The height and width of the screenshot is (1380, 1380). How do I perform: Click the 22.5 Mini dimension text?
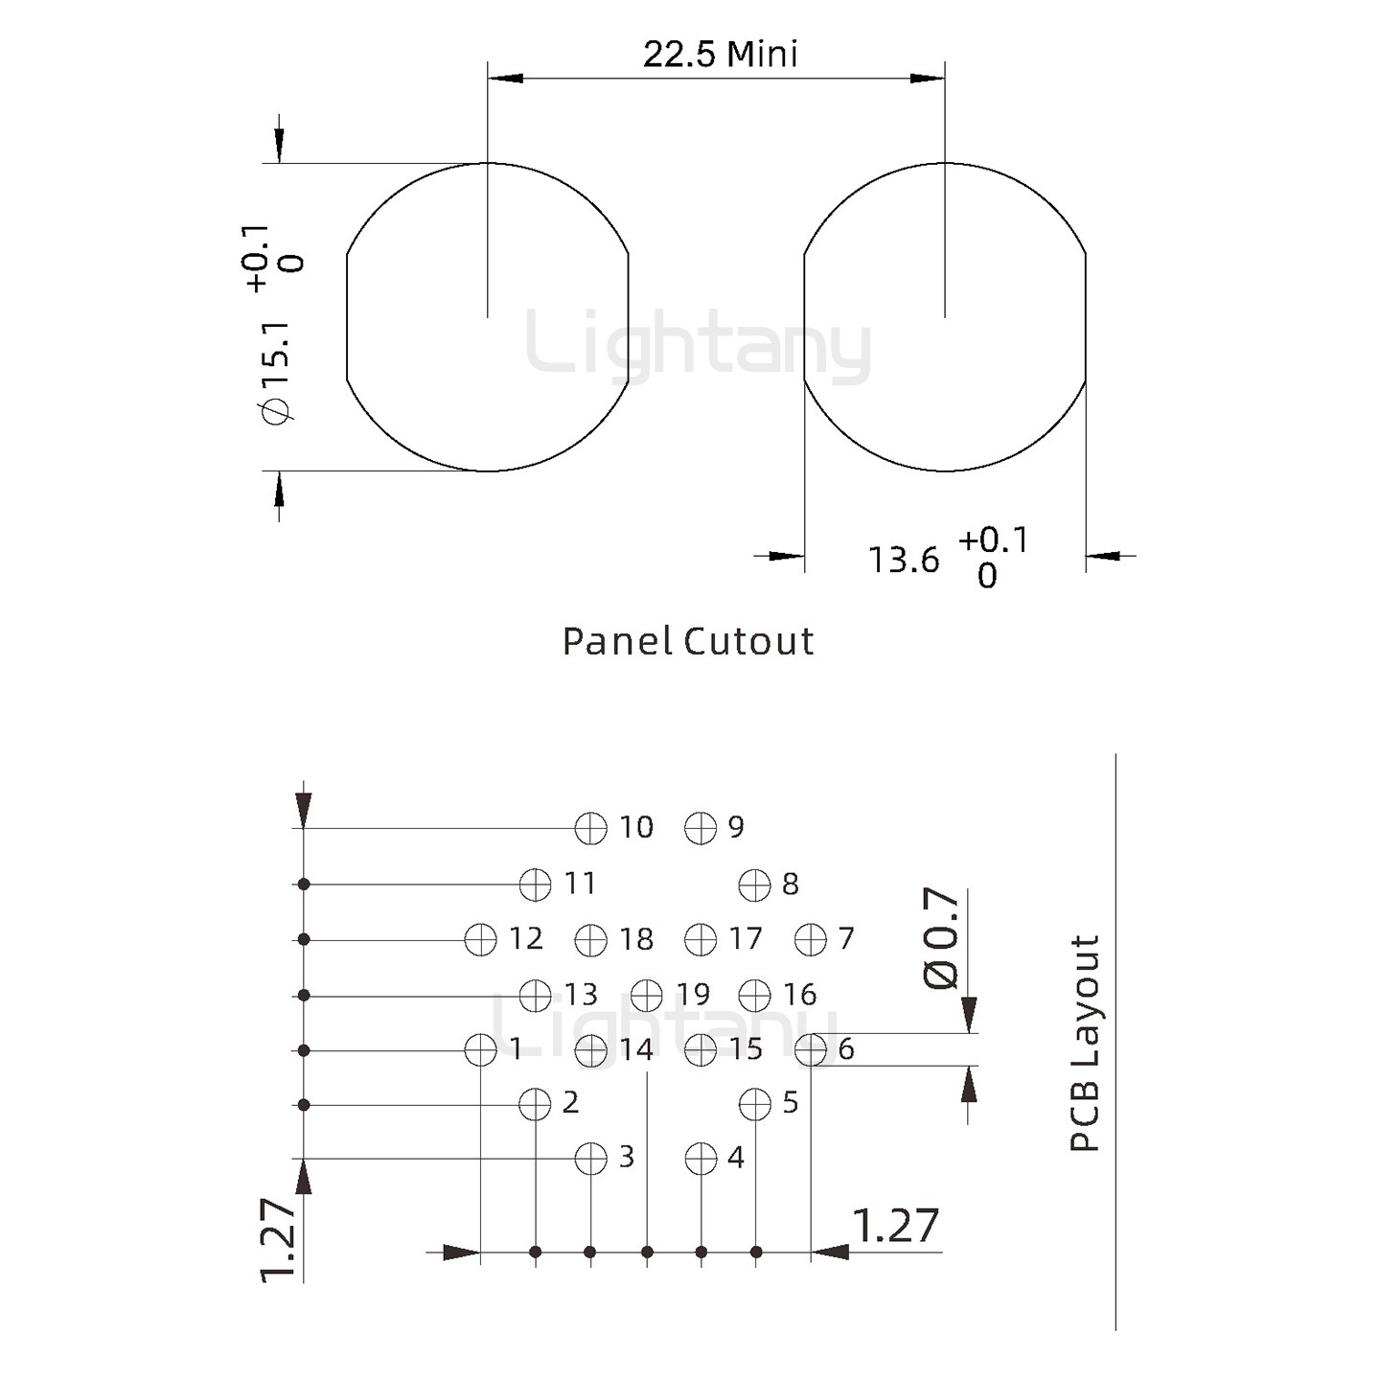(720, 55)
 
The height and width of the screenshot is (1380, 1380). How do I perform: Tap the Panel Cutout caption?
(687, 641)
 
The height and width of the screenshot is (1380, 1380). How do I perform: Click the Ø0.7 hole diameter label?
(941, 939)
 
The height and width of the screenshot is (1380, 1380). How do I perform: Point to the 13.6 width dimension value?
(904, 560)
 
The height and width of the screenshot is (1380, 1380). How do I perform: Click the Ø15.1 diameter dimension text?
(278, 372)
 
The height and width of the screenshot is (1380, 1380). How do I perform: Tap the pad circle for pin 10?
(591, 829)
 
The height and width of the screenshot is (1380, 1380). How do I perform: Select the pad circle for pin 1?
(480, 1050)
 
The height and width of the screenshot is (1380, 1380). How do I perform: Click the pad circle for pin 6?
(812, 1050)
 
